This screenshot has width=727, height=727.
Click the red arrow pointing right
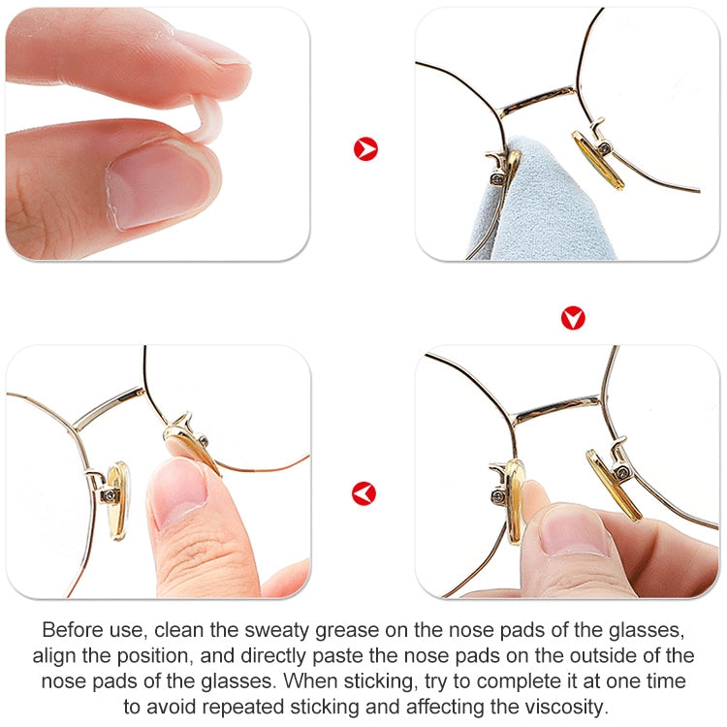click(x=365, y=149)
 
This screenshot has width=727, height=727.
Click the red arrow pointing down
click(x=573, y=318)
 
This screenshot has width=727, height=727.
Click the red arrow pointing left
click(x=363, y=494)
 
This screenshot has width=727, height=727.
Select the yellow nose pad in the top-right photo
click(x=598, y=160)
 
